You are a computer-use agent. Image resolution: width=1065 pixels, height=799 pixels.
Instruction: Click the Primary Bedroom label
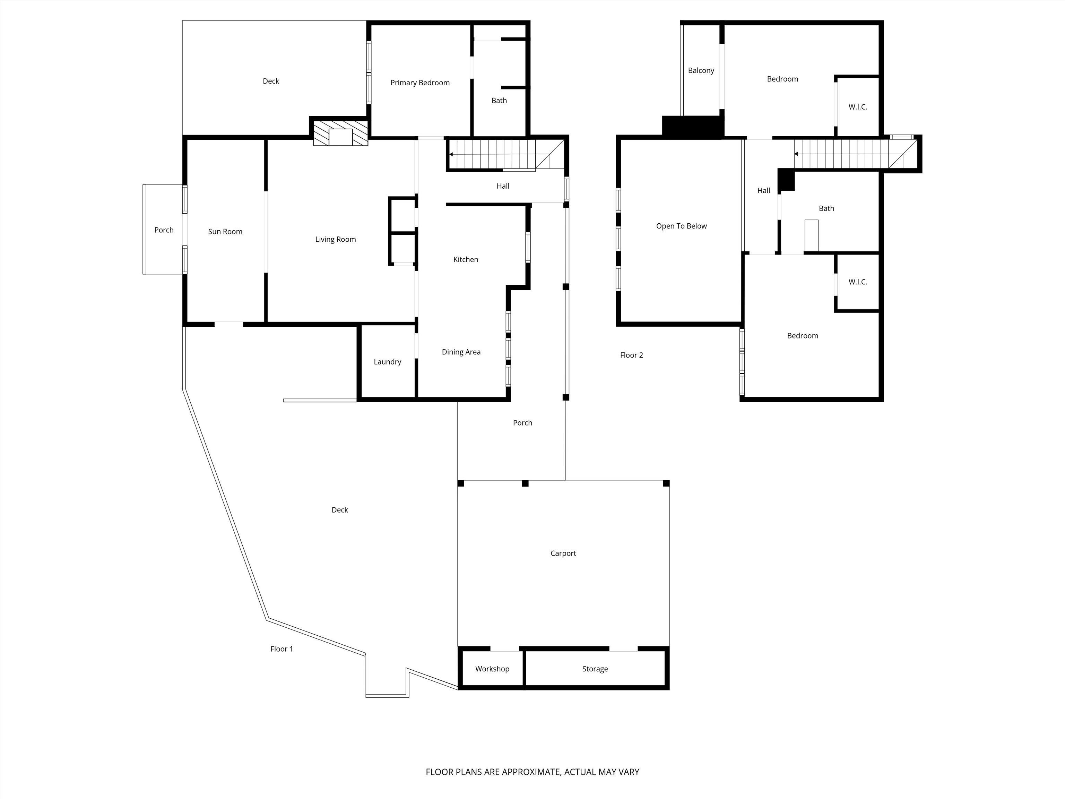coord(420,83)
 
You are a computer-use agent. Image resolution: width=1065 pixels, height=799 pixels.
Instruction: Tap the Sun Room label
coord(225,232)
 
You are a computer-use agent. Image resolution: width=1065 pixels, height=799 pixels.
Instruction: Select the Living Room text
coord(336,239)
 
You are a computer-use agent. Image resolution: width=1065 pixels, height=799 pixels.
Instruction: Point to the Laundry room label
coord(388,362)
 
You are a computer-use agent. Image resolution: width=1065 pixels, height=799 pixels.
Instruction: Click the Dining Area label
coord(461,352)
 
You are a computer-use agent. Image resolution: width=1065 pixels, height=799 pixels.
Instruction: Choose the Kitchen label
coord(466,260)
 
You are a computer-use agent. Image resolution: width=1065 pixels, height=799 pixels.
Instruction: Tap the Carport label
coord(563,553)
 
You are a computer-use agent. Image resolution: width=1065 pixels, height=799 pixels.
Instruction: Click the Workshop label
coord(492,669)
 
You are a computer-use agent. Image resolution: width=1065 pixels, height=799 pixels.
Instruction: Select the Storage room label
coord(595,669)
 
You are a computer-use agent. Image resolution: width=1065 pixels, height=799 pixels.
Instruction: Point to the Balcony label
coord(701,70)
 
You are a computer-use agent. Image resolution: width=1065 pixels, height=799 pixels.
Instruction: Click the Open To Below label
coord(681,226)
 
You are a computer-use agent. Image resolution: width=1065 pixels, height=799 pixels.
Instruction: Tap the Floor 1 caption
coord(282,649)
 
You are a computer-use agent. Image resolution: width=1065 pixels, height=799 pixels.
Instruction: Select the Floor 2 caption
coord(631,355)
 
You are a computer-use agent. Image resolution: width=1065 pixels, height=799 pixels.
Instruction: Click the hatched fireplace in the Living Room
coord(341,133)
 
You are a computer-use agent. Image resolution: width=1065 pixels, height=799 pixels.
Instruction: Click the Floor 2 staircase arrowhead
coord(796,154)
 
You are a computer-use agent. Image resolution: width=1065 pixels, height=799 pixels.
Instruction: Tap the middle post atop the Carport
coord(525,483)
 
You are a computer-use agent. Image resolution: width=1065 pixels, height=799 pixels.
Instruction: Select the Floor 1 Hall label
coord(503,186)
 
